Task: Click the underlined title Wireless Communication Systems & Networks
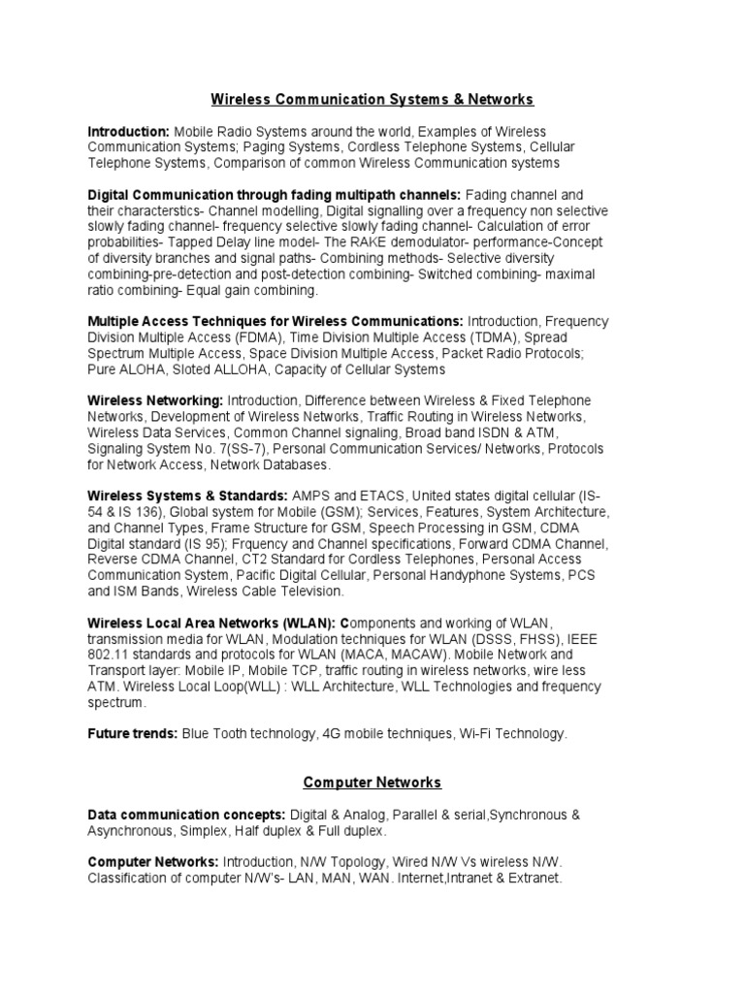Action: [x=372, y=99]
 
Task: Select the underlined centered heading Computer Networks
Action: [x=372, y=782]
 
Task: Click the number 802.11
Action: [x=113, y=655]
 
